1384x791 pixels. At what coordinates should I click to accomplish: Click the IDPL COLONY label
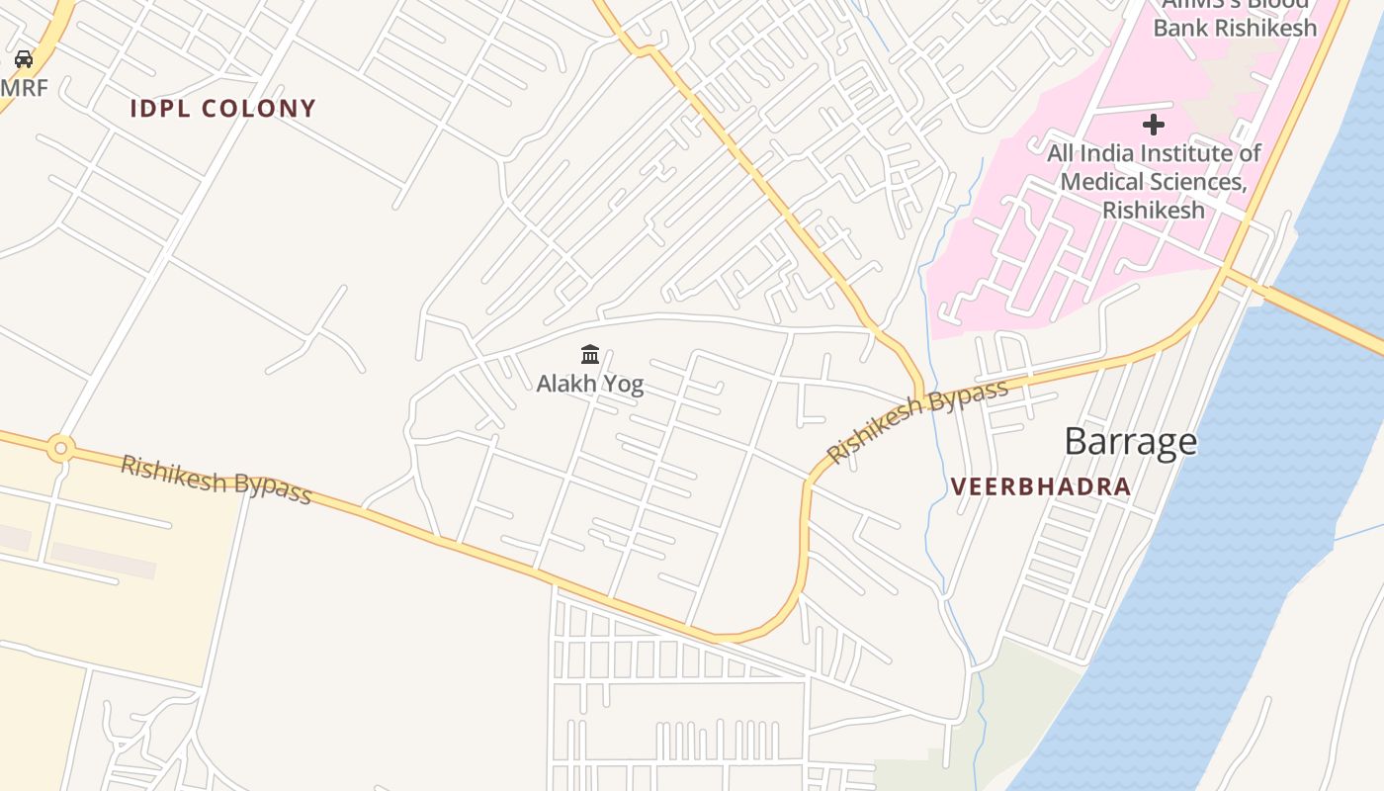(222, 109)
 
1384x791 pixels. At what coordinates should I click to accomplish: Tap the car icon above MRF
(24, 59)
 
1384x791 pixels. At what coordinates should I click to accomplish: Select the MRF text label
(24, 87)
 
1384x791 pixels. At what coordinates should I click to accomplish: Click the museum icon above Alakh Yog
(590, 354)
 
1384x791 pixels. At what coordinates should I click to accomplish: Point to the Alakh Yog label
(589, 384)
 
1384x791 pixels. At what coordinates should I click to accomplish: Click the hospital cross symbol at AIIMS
(1154, 125)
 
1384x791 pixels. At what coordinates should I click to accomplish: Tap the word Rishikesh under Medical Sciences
(1154, 210)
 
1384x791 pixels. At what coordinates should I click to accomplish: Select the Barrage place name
(1130, 441)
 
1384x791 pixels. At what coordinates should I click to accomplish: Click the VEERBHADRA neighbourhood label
(1040, 486)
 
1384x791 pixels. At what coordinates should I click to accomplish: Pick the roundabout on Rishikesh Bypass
(61, 449)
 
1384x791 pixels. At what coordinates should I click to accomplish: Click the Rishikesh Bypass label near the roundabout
(216, 480)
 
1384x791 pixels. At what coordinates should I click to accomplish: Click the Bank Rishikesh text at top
(1235, 28)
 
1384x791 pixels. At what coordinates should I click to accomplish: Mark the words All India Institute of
(1154, 153)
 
